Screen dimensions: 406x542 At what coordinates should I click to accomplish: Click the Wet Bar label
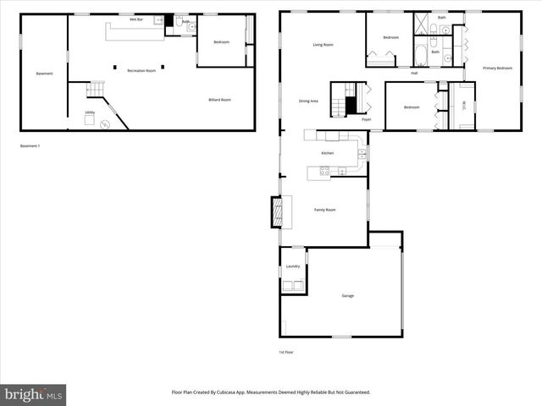[135, 18]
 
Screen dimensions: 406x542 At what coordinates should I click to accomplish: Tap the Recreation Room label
[141, 71]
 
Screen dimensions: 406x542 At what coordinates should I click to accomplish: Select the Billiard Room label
[220, 100]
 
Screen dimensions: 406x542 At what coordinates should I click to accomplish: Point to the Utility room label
[90, 112]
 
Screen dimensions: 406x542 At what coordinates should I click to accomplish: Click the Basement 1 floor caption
[30, 146]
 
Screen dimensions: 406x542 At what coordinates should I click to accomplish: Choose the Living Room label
[323, 45]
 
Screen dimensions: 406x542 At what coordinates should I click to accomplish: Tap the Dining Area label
[308, 101]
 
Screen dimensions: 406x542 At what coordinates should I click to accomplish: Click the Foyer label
[366, 119]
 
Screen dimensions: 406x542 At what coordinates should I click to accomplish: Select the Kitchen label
[327, 153]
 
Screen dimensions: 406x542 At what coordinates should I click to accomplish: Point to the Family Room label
[325, 210]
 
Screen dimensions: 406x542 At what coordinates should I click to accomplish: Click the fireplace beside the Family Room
[275, 211]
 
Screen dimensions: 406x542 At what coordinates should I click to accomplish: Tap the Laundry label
[293, 266]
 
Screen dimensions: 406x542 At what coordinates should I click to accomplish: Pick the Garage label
[347, 295]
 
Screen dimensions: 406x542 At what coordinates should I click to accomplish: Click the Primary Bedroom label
[497, 68]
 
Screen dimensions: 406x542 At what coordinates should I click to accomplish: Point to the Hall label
[414, 74]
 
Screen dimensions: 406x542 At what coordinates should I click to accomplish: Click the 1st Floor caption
[286, 352]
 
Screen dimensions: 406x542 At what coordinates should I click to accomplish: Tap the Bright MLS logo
[34, 394]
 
